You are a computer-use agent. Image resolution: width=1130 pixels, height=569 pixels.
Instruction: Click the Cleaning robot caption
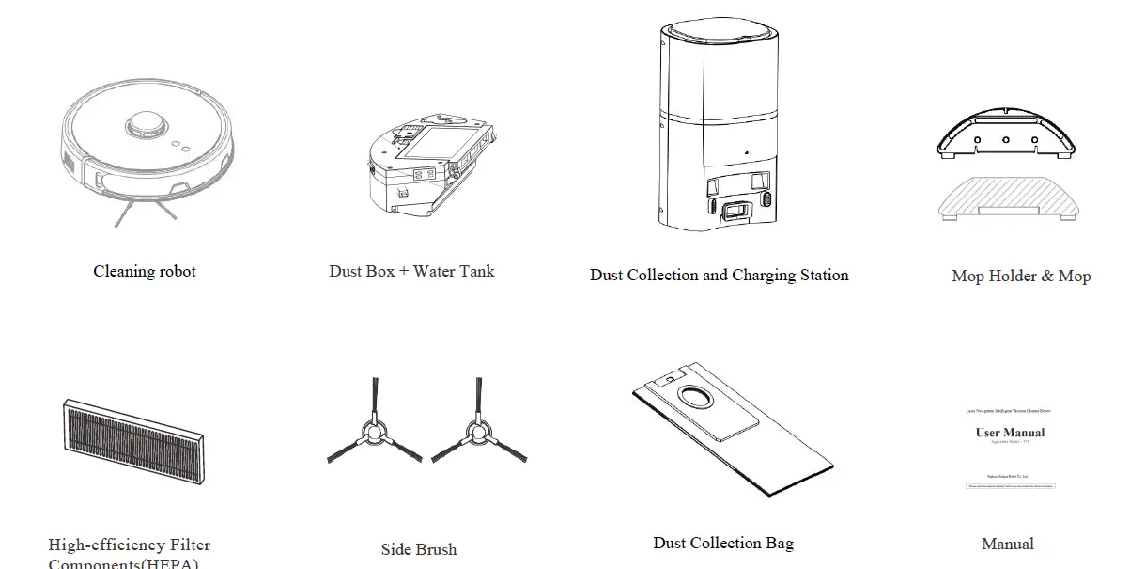145,272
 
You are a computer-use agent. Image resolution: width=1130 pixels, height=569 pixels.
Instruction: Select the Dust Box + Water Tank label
411,271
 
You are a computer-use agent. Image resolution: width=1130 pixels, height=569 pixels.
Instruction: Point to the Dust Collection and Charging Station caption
719,276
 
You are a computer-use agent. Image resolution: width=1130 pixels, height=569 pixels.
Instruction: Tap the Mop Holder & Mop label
1021,277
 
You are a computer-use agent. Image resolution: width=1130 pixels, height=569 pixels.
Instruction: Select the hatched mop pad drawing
1006,198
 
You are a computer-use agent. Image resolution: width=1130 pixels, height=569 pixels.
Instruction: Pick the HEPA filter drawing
135,439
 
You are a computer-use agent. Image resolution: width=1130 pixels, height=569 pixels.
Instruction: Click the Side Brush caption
419,549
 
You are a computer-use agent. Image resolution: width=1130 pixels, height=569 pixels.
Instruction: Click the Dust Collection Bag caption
723,544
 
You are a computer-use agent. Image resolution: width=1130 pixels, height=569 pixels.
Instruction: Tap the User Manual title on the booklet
1010,433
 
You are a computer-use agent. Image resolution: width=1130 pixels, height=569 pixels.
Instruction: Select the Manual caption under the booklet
1007,545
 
